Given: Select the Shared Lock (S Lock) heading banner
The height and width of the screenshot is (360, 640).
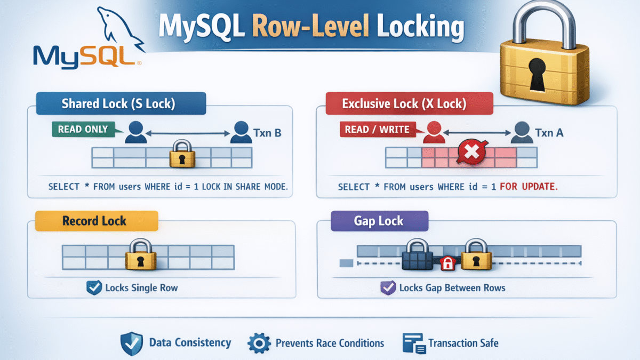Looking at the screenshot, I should pos(121,103).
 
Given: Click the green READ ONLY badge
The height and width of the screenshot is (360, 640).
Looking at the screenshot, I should pos(83,129).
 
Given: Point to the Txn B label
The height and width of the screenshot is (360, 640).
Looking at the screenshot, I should pos(267,132).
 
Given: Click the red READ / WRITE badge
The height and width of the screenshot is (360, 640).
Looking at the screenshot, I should pos(377,129).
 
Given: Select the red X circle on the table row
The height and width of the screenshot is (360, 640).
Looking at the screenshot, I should pos(471,154).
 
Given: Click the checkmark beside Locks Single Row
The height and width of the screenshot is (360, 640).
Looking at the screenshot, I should pos(93,288).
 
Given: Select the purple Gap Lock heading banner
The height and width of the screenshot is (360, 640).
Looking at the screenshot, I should pos(379,221).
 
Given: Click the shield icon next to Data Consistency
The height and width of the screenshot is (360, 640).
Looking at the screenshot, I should pos(131,343).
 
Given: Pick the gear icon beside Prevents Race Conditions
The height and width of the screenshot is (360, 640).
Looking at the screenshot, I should pos(259,343).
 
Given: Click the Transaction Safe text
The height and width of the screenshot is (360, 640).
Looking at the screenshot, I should pos(463,343).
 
